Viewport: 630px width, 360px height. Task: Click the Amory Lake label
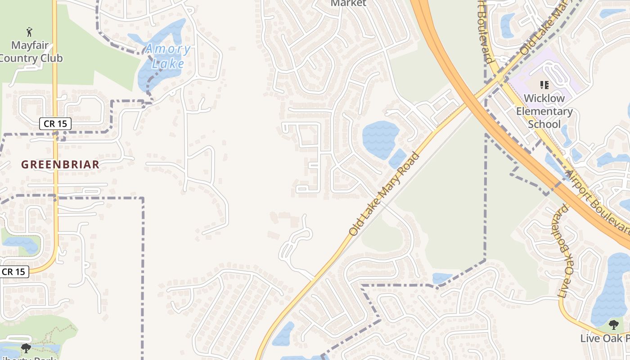167,56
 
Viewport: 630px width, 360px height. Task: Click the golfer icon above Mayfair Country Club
30,32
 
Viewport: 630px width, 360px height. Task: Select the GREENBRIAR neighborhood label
60,165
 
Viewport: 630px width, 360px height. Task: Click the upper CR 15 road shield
55,124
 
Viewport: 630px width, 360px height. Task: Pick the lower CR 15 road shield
14,272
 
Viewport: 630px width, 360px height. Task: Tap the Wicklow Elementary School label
544,111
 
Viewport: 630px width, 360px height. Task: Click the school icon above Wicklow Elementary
544,85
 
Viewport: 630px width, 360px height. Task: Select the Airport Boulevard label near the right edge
598,202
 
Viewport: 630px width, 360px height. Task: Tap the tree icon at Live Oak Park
613,324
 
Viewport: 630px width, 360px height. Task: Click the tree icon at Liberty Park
26,348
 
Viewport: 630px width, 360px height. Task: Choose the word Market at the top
348,3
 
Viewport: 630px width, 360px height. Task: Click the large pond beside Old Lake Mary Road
380,139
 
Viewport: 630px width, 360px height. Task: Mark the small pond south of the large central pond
398,158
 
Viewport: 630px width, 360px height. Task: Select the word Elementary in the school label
544,111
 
